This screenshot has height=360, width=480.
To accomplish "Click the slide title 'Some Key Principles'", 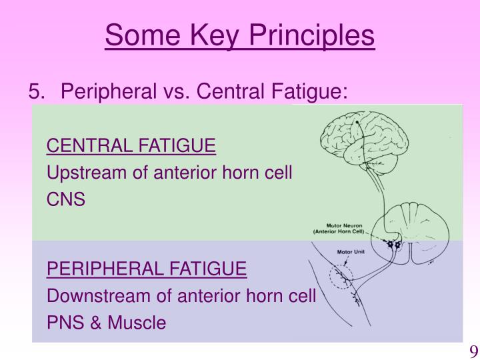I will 240,36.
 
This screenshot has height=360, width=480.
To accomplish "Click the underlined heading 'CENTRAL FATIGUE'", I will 131,146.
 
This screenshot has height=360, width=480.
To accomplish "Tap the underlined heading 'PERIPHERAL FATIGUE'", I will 147,269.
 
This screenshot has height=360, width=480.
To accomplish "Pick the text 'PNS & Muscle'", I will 106,323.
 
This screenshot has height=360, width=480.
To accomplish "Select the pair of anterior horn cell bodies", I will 393,245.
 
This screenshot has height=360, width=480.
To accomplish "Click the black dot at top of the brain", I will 357,123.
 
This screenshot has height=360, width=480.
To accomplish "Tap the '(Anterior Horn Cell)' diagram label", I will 341,232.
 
